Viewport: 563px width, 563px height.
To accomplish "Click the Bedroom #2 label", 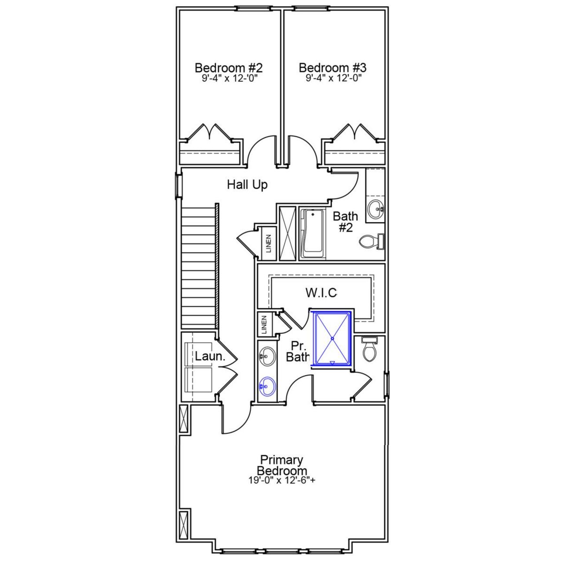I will (x=228, y=68).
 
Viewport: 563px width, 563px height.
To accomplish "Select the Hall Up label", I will (x=247, y=185).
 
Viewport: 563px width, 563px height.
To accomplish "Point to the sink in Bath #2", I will (x=375, y=208).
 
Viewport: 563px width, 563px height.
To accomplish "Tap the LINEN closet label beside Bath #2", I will (x=268, y=243).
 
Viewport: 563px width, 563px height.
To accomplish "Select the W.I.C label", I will (x=321, y=292).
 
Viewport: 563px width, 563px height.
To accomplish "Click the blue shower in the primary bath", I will (x=333, y=338).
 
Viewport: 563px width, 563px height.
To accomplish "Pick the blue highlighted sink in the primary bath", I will (x=267, y=387).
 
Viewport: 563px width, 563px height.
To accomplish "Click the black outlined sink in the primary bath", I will (x=267, y=356).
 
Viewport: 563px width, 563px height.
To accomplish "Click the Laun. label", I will (x=210, y=356).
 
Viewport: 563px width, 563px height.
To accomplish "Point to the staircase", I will (x=199, y=266).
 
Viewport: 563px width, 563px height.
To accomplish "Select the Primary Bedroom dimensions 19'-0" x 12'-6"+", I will (x=281, y=481).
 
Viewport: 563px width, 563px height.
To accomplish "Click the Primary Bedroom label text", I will (x=281, y=465).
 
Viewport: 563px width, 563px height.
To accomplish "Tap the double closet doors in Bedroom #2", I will (x=212, y=132).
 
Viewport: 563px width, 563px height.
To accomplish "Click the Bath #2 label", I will (x=346, y=222).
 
